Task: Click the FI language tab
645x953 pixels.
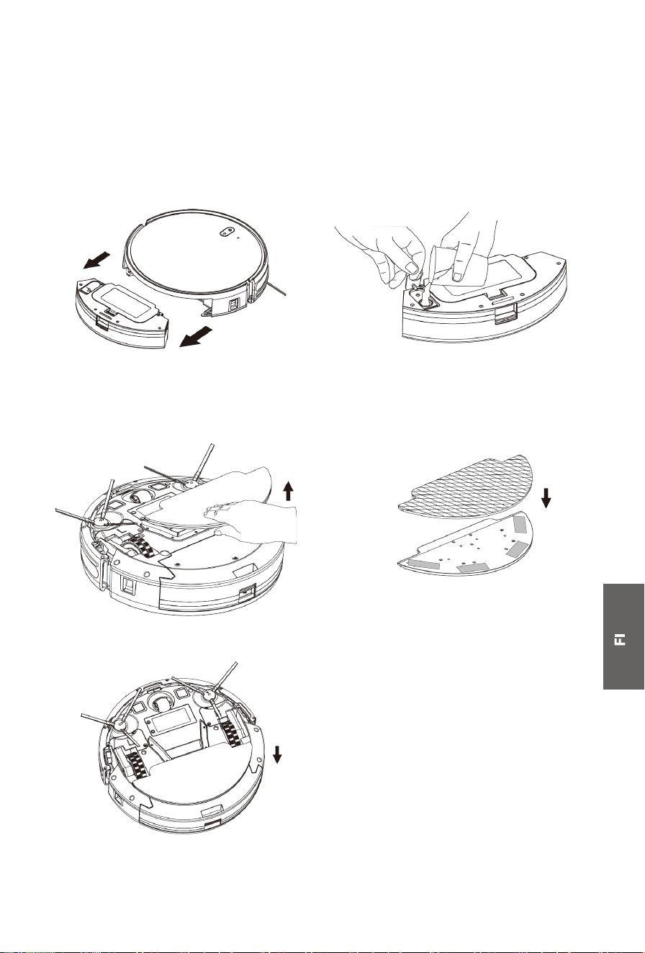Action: [x=623, y=639]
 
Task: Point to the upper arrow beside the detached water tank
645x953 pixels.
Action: [x=96, y=261]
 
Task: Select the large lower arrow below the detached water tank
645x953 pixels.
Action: [x=195, y=336]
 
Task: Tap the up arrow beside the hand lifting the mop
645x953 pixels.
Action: [x=289, y=491]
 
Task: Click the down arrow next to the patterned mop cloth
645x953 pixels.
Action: [x=546, y=497]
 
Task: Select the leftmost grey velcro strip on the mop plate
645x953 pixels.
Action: [x=424, y=564]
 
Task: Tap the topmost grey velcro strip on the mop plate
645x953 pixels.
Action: [x=520, y=524]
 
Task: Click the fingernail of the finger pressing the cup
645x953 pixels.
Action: [x=457, y=277]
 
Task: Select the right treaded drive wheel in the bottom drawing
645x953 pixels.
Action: [x=230, y=731]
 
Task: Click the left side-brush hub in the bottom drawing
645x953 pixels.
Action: [x=119, y=725]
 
